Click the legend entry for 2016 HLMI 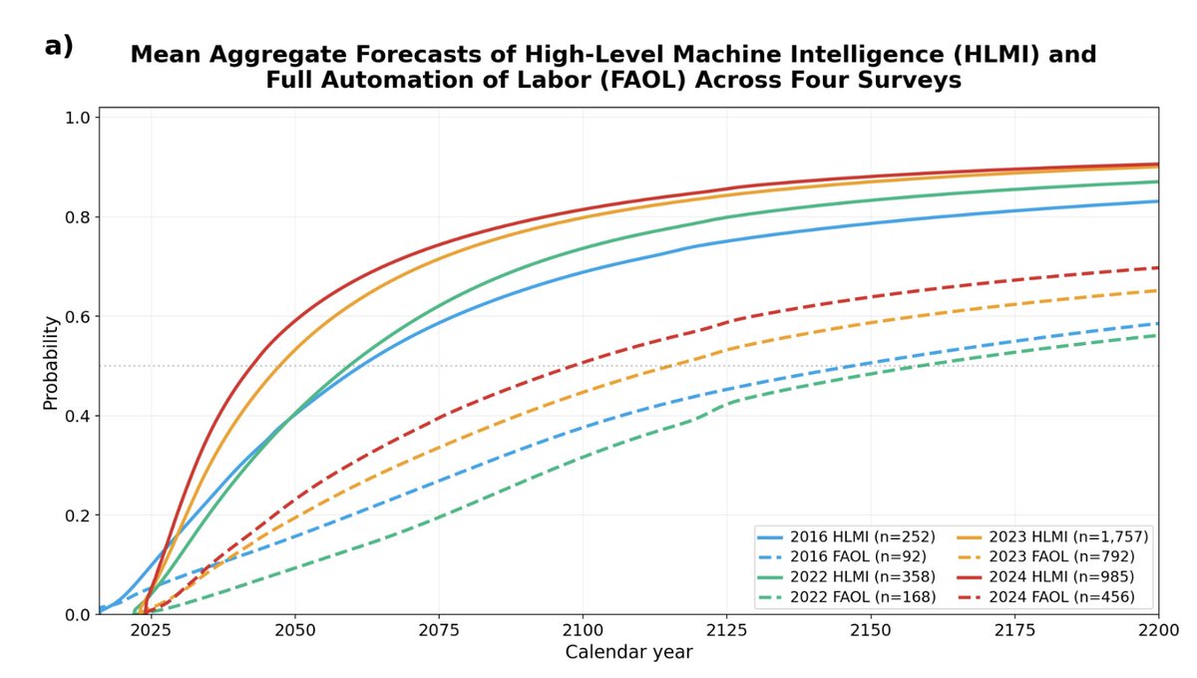coord(847,536)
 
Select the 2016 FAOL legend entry coord(842,556)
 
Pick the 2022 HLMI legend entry coord(847,576)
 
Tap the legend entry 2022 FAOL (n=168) coord(847,597)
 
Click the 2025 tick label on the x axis coord(152,630)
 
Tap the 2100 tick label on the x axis coord(583,630)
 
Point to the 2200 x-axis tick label coord(1158,630)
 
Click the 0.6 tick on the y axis coord(79,317)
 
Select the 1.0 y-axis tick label coord(79,118)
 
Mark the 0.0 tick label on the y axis coord(79,615)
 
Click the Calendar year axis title coord(629,652)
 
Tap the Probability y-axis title coord(51,363)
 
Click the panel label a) coord(59,47)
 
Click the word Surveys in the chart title coord(911,80)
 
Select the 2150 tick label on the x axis coord(871,630)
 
